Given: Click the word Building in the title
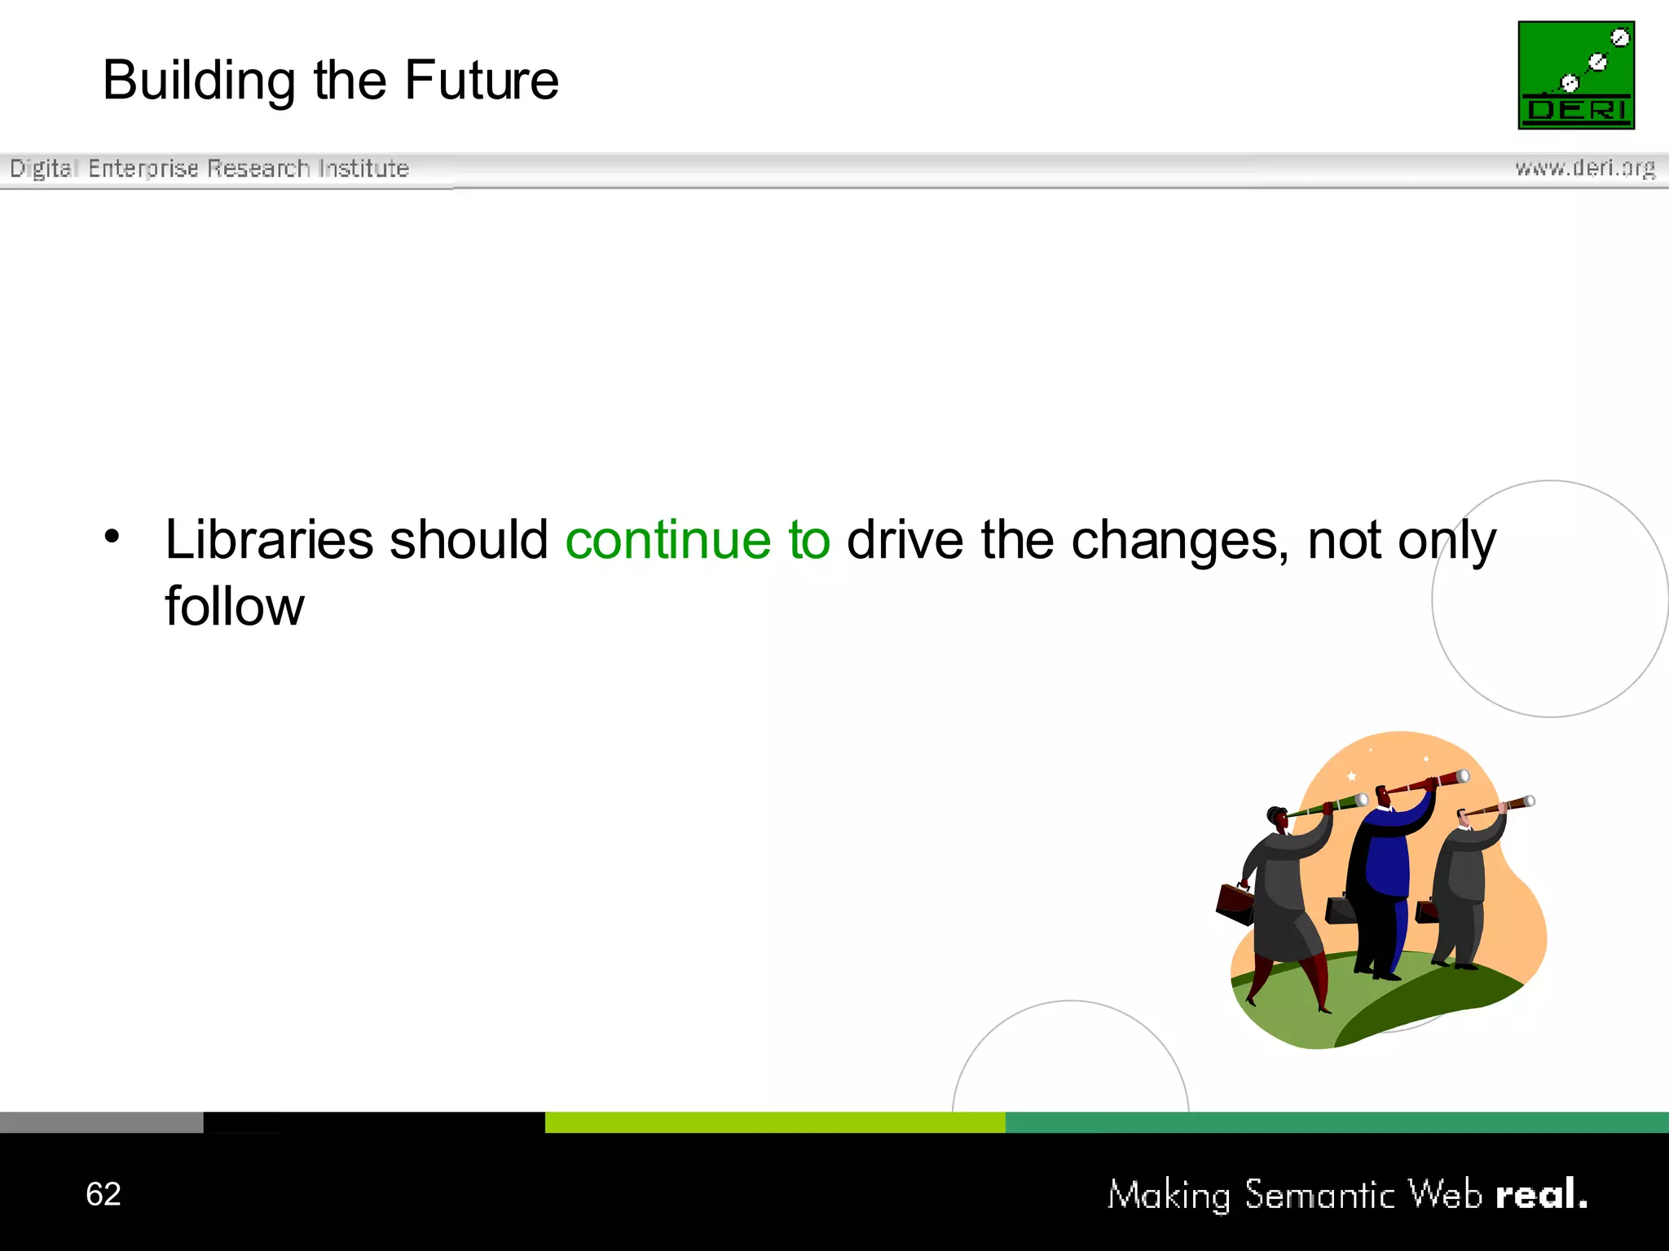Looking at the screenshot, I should (199, 82).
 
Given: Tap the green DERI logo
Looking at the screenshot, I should (1575, 75).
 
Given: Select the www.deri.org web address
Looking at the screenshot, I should (1584, 168).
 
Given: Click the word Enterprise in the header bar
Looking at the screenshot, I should (143, 169).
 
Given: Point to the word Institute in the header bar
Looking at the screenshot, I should (363, 169).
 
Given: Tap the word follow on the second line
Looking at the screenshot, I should (234, 607).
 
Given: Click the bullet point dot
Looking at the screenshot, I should (112, 537).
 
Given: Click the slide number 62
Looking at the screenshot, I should (103, 1194).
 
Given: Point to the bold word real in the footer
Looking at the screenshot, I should (1540, 1194).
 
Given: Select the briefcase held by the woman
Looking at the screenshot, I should (1235, 904).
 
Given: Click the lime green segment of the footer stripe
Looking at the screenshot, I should (774, 1122).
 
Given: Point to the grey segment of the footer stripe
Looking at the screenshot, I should (101, 1122).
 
